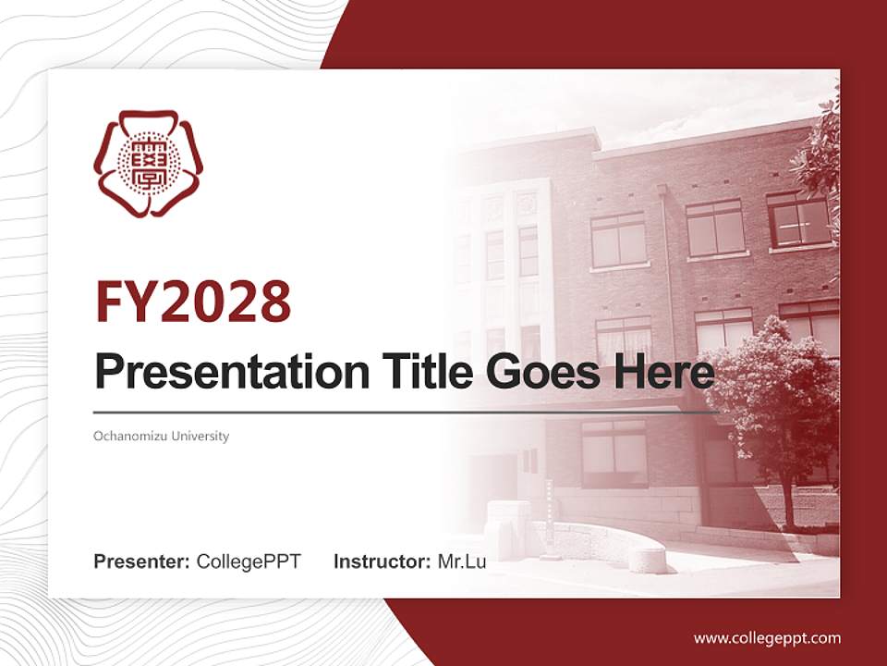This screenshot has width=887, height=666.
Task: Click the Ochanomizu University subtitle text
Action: tap(162, 436)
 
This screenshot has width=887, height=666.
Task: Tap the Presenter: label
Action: tap(142, 561)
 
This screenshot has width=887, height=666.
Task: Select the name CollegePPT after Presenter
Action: tap(249, 561)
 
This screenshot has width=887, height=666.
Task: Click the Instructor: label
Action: tap(382, 561)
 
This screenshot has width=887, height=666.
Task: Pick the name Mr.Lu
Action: tap(462, 561)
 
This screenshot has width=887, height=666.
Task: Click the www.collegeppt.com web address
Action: tap(767, 637)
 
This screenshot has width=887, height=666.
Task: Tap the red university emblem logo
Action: tap(149, 164)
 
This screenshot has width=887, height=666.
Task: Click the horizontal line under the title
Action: tap(407, 413)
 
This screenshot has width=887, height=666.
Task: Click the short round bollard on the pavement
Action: tap(647, 559)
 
